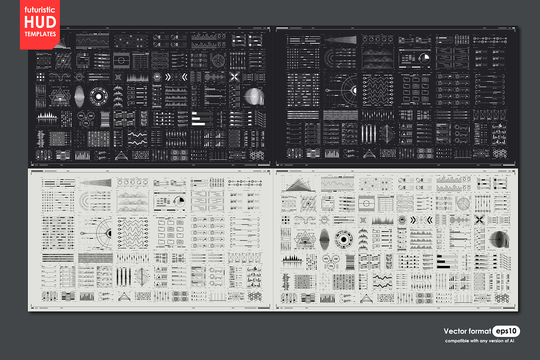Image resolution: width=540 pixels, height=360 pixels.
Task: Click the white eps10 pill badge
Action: tap(506, 331)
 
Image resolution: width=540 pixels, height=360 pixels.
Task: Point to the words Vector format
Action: tap(467, 331)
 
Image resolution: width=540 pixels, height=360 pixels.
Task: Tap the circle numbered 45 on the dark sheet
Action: tap(81, 115)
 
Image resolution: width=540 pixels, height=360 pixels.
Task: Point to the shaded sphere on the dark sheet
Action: tap(253, 95)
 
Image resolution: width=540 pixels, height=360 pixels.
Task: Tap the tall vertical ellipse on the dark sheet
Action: tap(79, 96)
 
